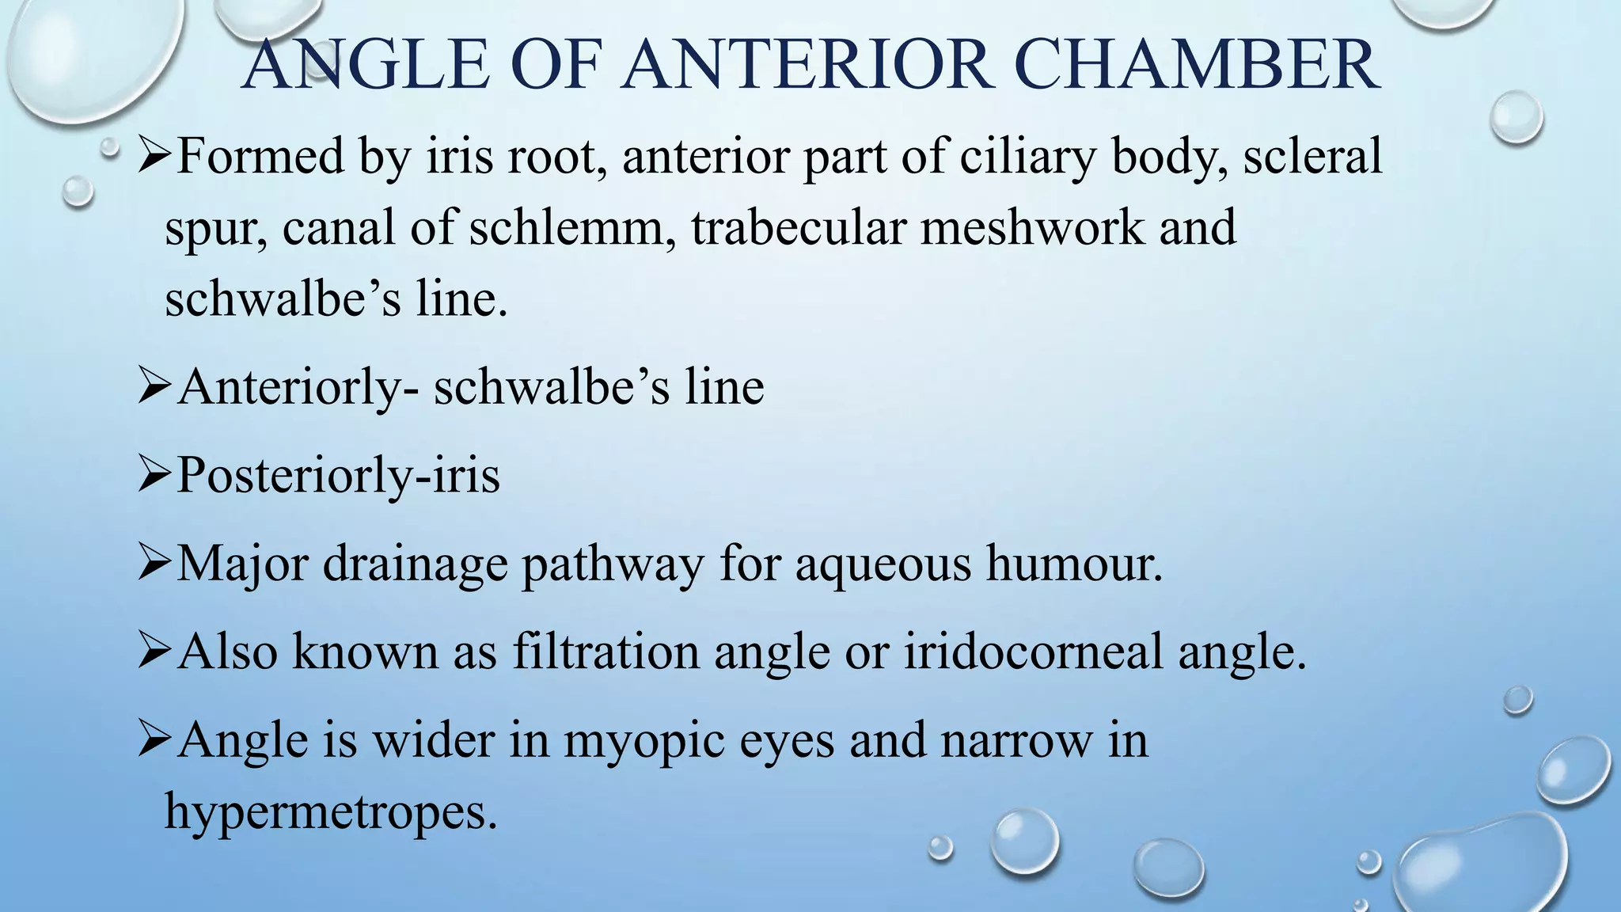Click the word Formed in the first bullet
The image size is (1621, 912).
click(x=260, y=156)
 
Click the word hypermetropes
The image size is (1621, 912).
click(x=331, y=812)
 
